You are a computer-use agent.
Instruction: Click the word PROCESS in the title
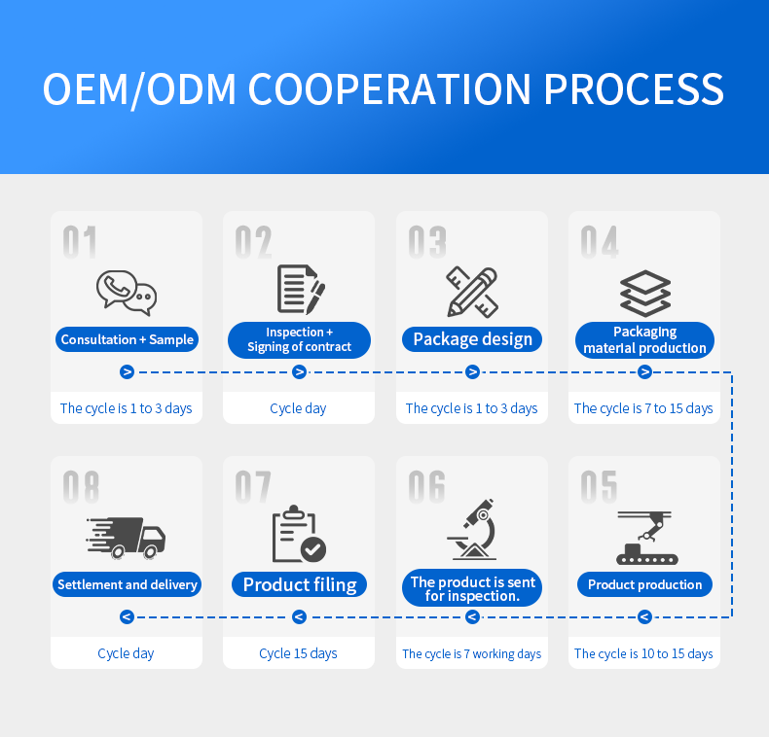634,88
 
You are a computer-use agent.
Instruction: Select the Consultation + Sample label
128,339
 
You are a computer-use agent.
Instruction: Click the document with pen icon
300,290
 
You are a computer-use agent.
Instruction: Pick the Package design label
472,339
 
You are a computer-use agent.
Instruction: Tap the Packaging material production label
644,340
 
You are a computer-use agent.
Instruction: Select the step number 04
600,243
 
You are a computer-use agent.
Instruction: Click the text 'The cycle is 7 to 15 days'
643,408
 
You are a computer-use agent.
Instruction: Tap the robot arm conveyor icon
645,538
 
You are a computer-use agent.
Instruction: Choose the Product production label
644,584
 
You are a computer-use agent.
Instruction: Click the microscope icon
473,531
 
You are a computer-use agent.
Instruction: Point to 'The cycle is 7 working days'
472,653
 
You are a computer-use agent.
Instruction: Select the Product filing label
300,584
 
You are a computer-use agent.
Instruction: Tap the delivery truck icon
127,538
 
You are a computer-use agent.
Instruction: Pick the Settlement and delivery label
128,584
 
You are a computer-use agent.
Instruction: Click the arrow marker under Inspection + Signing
299,371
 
